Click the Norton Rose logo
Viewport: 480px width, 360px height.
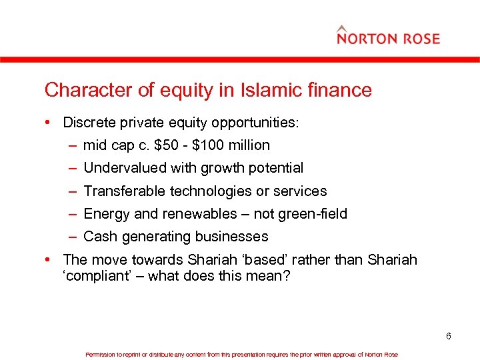tap(388, 36)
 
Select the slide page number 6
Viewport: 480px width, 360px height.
tap(449, 336)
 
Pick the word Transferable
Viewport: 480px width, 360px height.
tap(125, 191)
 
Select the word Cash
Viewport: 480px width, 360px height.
tap(100, 237)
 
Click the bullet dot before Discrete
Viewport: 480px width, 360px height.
tap(51, 123)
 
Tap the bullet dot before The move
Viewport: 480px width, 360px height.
tap(51, 259)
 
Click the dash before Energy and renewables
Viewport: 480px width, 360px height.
tap(72, 214)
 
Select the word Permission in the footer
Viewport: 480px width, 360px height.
tap(101, 355)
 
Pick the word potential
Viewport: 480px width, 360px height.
tap(276, 168)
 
